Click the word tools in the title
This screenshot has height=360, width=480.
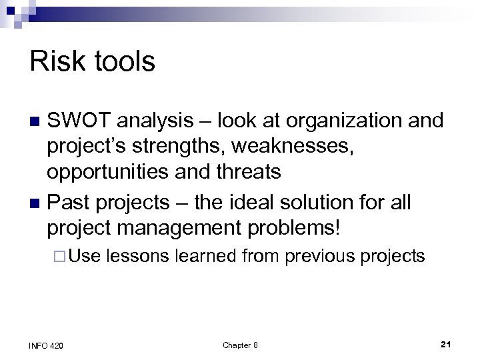pos(121,62)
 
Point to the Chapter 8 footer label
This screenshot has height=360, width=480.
pos(240,345)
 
